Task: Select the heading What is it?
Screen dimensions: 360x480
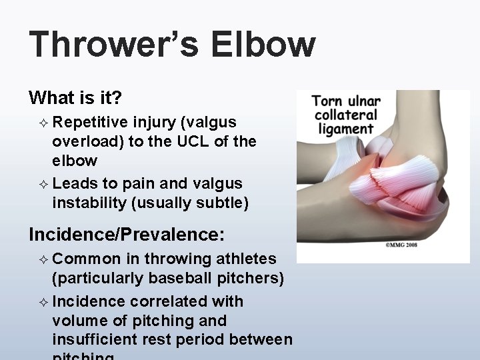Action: (x=75, y=99)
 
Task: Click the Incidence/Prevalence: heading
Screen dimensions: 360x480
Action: (x=127, y=234)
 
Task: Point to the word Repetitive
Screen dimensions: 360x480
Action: (x=90, y=123)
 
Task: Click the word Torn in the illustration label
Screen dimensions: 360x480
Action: (x=326, y=101)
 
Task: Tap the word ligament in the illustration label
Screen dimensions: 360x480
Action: (x=346, y=129)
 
